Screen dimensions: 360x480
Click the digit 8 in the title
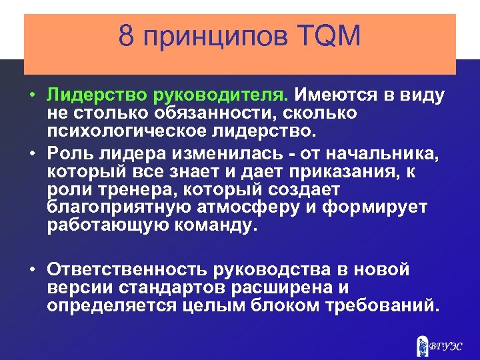(x=127, y=36)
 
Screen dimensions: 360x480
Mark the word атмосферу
(x=257, y=206)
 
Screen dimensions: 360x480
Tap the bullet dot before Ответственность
(x=32, y=270)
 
